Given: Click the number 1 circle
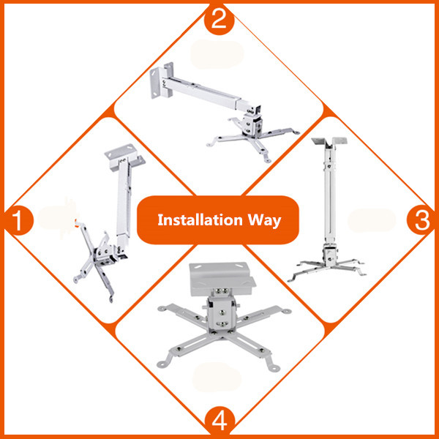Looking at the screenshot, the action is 18,220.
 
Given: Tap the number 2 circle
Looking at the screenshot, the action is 219,20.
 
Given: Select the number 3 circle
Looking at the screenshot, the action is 421,220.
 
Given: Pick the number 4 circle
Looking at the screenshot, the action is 219,421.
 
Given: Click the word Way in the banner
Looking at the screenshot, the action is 264,220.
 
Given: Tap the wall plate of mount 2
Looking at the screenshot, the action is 162,80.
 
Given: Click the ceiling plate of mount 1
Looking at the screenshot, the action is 124,157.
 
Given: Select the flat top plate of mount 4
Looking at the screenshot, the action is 222,279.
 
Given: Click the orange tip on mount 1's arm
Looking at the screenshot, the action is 75,222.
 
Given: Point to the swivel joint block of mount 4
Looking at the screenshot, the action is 222,312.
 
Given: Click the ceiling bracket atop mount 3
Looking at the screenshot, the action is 329,141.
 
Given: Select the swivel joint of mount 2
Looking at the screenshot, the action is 252,123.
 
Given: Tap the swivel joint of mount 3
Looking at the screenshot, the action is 331,255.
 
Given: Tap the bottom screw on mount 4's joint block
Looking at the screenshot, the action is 222,324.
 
